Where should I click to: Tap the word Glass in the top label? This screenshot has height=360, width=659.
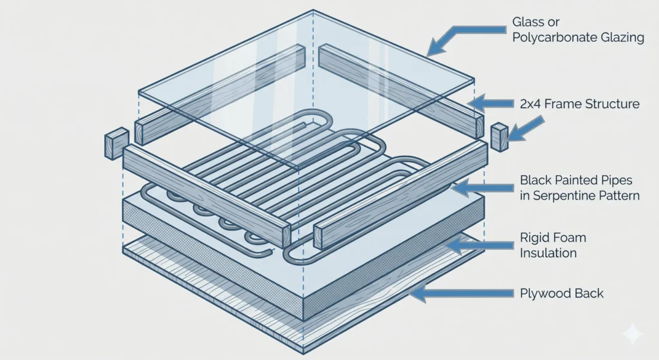pos(528,22)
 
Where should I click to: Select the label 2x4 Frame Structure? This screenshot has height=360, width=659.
pos(579,104)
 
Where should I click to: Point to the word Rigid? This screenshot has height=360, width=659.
pos(535,238)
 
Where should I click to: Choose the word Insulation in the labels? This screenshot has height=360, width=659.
pos(548,253)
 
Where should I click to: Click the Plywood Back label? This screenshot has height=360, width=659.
pos(561,294)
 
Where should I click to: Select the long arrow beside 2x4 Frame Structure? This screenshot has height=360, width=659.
pos(490,102)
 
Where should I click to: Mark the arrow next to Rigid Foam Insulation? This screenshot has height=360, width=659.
pos(479,244)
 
